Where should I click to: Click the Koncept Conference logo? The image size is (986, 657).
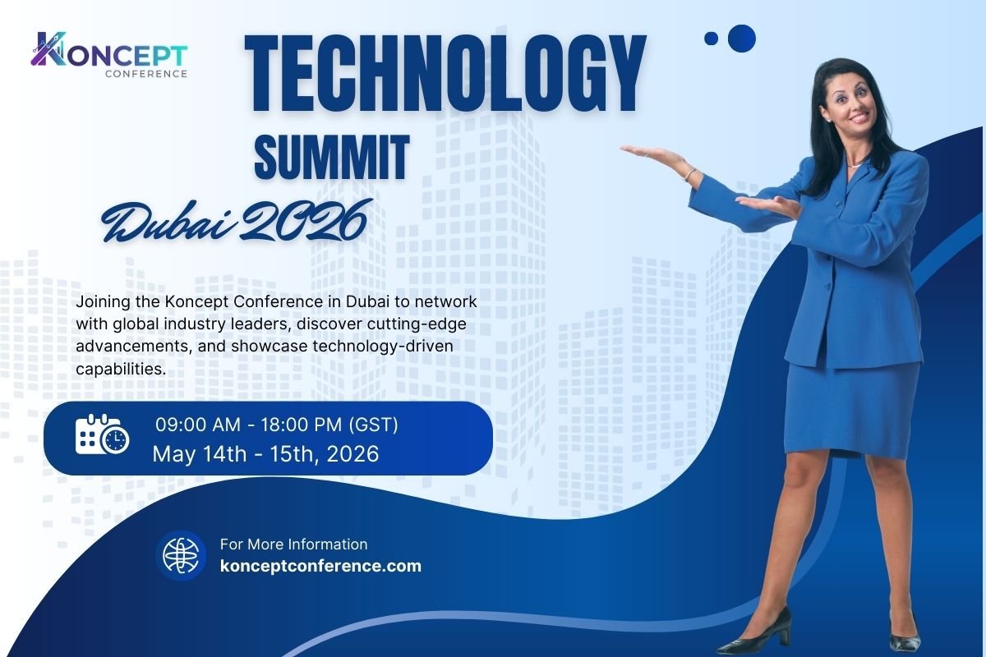(109, 55)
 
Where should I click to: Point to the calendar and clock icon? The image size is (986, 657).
(102, 434)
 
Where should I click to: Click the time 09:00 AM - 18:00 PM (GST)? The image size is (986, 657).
(276, 425)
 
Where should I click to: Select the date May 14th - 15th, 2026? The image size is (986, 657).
(265, 454)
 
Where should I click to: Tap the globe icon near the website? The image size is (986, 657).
(181, 555)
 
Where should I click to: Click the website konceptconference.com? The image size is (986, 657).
(320, 566)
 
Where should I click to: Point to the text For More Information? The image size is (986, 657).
(293, 544)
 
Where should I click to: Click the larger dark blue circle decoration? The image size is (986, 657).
(741, 38)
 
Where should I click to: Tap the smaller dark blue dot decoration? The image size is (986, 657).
(712, 38)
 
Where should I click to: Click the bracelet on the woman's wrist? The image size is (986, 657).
(690, 174)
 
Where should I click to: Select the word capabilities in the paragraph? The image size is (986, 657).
(120, 369)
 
